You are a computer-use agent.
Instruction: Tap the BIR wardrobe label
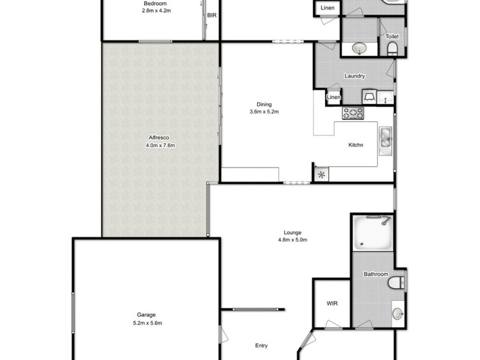211,16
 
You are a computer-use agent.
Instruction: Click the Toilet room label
392,37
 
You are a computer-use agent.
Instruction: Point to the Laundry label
355,76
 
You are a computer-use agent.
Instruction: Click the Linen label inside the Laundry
334,98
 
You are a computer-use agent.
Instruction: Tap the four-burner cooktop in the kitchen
353,113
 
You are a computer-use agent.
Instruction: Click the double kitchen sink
385,138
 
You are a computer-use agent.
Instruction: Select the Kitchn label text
356,145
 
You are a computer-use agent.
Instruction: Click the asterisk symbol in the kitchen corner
321,175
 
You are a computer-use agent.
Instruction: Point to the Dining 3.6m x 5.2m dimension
265,112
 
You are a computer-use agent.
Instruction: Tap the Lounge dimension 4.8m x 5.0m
293,240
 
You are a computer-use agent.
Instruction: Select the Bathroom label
375,274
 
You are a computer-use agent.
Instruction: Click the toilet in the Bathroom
397,283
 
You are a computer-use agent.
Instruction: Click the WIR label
332,304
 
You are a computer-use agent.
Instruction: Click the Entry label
260,346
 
